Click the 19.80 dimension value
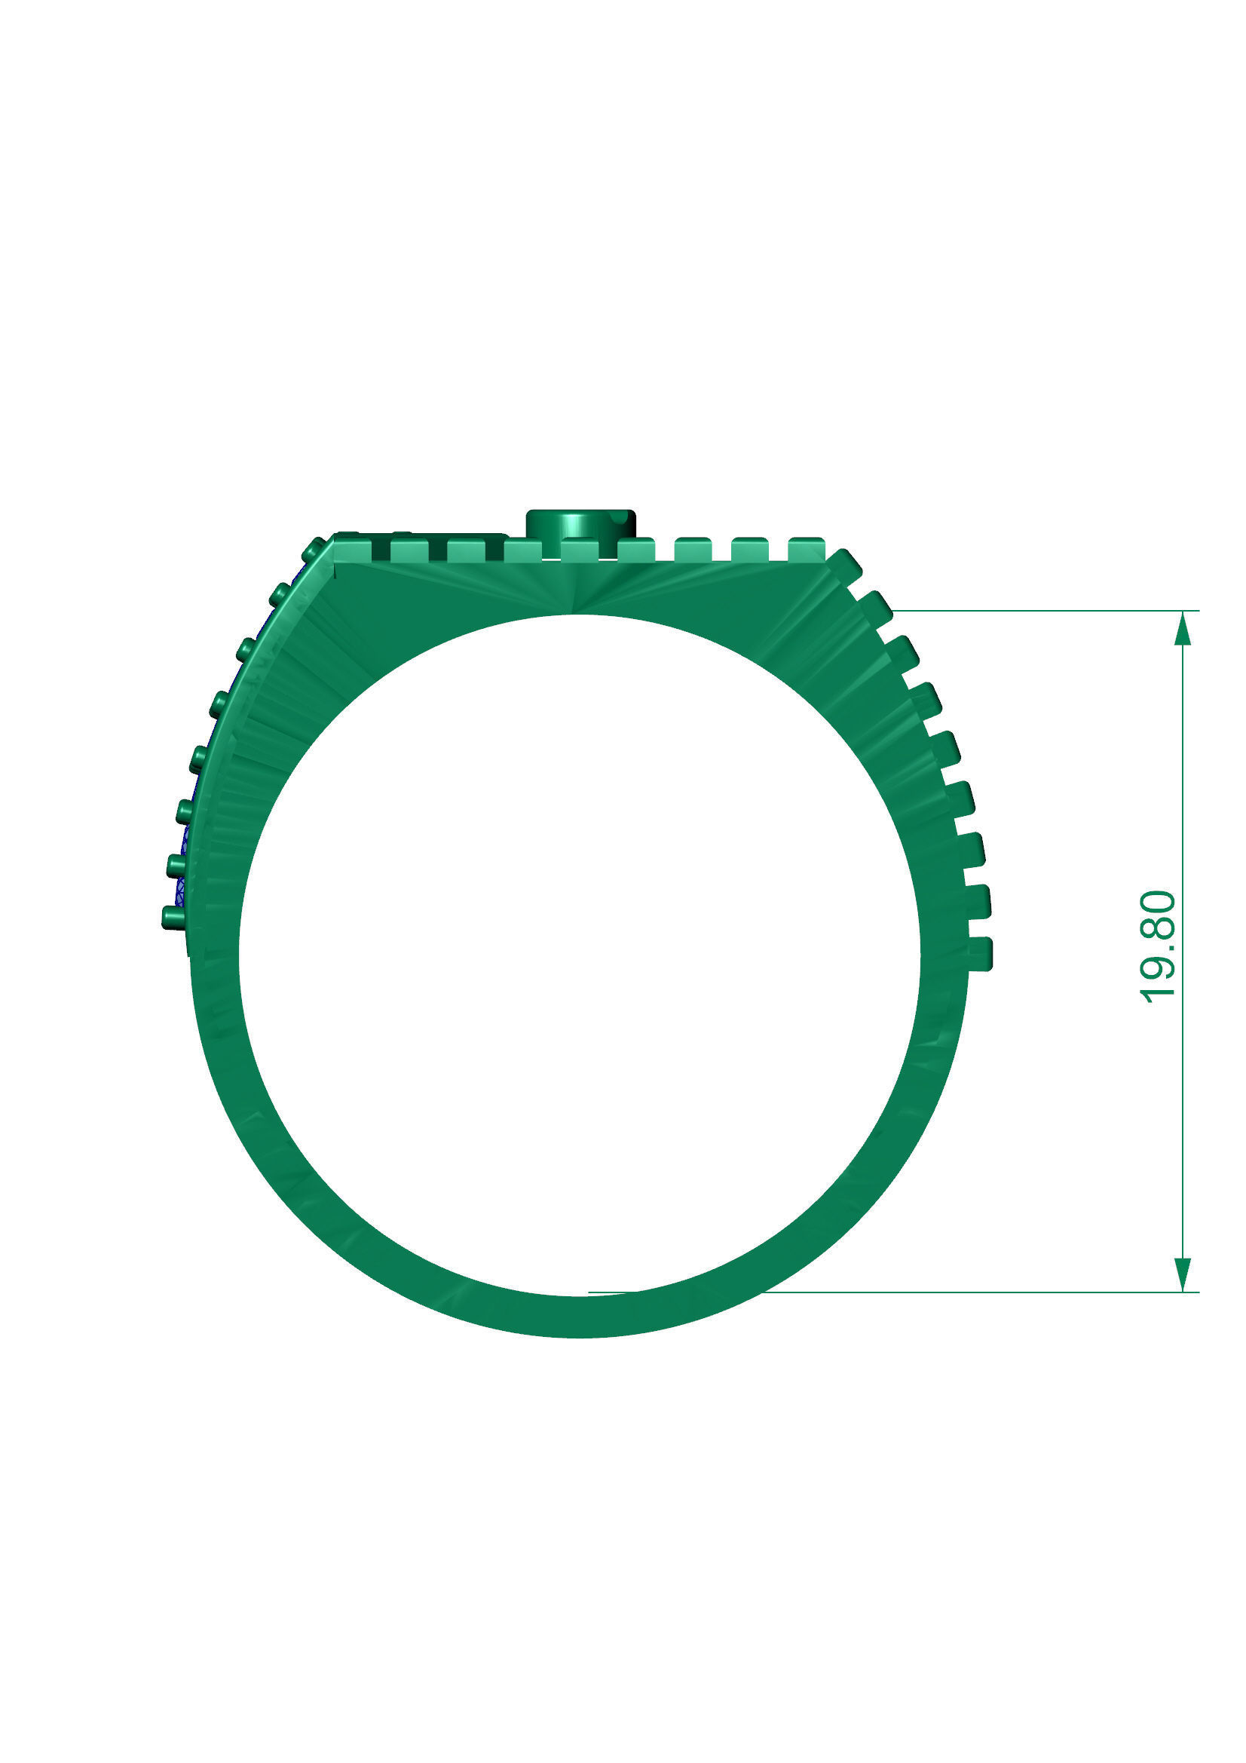1159,946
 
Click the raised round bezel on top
580,523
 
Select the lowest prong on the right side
981,954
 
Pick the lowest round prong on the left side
173,917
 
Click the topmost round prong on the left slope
314,550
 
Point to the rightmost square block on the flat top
806,549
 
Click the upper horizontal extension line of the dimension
1036,612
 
